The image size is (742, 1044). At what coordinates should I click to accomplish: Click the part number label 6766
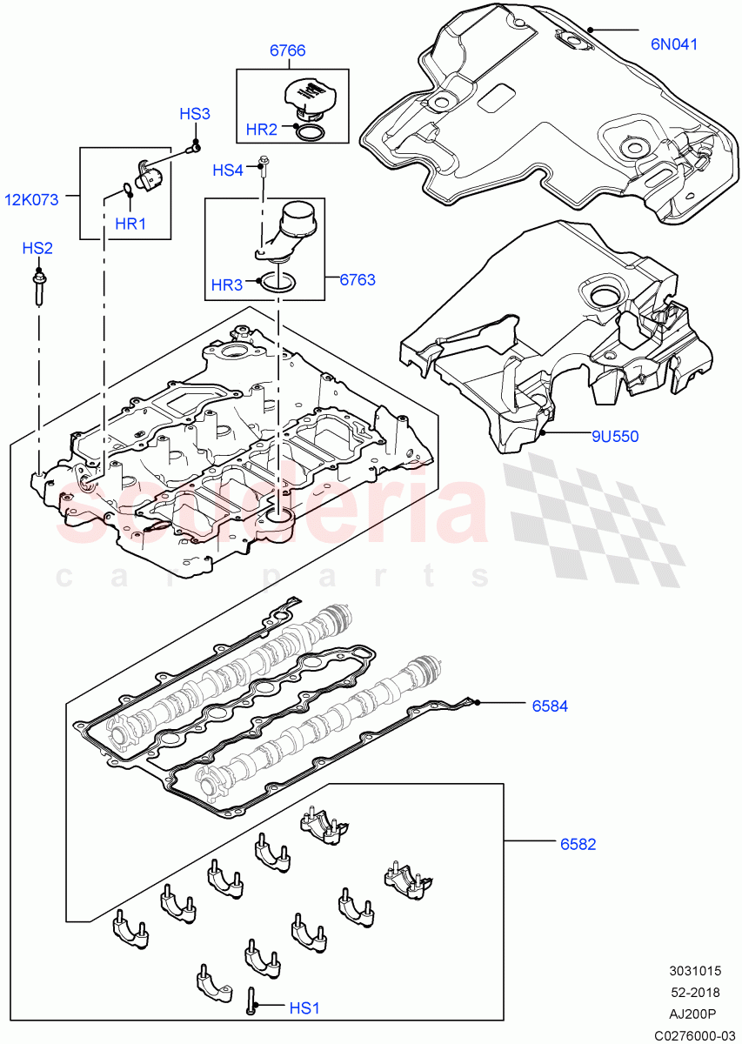287,50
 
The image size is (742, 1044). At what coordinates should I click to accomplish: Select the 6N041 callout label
674,43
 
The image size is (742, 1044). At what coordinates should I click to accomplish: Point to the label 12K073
31,199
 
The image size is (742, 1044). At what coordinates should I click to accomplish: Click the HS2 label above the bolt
37,248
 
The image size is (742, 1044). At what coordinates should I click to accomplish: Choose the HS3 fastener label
195,114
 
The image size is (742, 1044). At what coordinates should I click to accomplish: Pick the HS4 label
228,171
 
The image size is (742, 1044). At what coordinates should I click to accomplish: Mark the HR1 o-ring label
130,224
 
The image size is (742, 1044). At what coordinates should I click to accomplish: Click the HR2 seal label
261,130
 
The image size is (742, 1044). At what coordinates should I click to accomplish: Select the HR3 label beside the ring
227,284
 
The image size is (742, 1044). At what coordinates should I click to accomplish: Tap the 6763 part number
357,279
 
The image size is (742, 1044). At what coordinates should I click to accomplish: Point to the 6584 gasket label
550,706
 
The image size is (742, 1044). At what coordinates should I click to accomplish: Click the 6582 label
578,843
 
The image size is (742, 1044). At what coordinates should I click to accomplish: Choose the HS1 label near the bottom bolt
304,1007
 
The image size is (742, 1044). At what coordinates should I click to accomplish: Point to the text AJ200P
694,1014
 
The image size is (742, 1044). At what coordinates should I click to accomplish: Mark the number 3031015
694,971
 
